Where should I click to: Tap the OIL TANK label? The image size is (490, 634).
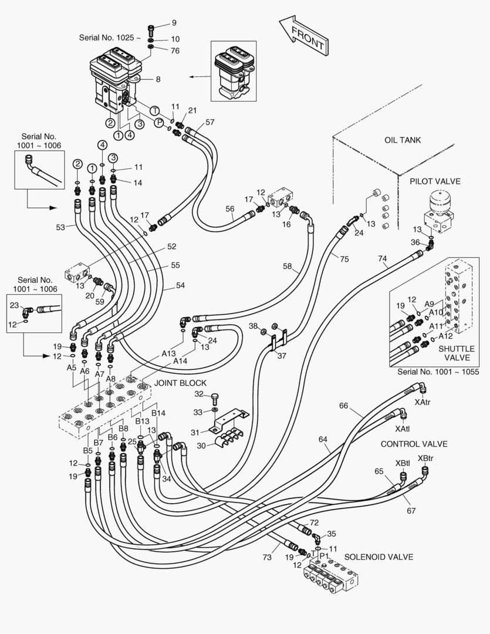coord(403,140)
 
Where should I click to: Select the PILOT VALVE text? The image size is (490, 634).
coord(435,181)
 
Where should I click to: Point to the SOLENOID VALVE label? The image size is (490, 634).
coord(379,557)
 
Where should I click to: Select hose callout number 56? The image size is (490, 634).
coord(230,208)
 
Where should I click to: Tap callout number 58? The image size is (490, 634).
coord(287,267)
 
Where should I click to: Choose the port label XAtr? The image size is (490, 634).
coord(423,402)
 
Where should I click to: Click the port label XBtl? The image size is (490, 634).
coord(403,463)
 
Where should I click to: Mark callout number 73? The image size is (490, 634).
coord(267,557)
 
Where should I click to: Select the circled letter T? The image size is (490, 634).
coord(154,110)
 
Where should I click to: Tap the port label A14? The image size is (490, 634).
coord(181,361)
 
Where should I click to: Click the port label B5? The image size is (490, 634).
coord(87,450)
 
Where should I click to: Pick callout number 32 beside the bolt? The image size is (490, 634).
coord(199,394)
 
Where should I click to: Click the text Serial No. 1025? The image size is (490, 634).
coord(110,38)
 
